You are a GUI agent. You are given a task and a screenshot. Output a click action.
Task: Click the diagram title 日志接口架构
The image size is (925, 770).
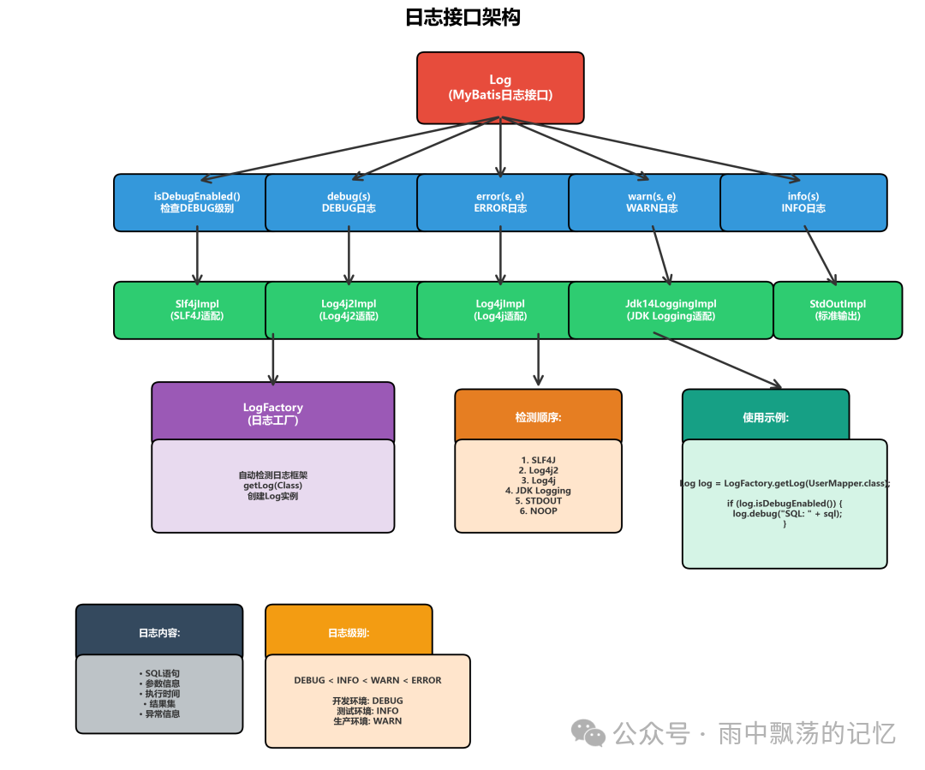pos(462,17)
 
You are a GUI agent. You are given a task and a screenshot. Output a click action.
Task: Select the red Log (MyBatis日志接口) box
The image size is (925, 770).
pos(500,87)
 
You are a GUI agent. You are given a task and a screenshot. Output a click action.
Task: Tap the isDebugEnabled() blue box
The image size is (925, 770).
pos(196,202)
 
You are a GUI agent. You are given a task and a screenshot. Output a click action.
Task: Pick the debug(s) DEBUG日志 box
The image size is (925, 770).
pos(349,202)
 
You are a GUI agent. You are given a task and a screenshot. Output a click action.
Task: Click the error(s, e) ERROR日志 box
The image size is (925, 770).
pos(500,202)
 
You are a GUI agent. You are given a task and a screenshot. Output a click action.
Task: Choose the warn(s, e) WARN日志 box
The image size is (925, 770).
pos(652,202)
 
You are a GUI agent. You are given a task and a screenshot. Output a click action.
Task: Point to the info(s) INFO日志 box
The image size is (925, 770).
pos(803,202)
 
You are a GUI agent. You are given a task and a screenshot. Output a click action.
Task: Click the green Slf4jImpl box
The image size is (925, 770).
pos(196,310)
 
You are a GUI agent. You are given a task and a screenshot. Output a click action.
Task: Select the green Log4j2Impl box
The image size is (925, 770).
pos(349,310)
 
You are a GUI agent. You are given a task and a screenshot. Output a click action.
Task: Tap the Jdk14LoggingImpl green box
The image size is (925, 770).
pos(671,310)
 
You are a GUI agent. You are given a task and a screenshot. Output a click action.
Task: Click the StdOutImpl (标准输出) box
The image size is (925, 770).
pos(837,310)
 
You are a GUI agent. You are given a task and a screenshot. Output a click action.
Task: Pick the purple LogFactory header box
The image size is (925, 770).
pos(272,413)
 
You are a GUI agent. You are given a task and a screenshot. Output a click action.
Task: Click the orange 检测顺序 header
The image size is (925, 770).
pos(538,417)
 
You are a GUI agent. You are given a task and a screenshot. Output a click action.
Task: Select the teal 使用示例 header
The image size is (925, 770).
pos(765,417)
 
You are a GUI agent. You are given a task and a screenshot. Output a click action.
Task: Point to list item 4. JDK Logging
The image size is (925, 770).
pos(538,491)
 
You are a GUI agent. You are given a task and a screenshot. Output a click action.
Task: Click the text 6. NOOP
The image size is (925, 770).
pos(538,511)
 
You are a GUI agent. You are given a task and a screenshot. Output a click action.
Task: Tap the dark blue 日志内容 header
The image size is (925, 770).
pos(159,633)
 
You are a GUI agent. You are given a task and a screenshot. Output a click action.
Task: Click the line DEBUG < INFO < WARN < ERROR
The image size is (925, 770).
pos(367,680)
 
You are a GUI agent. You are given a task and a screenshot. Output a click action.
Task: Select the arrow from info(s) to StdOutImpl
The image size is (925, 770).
pos(820,254)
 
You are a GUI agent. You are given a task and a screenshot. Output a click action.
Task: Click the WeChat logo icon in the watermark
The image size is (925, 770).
pos(588,732)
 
